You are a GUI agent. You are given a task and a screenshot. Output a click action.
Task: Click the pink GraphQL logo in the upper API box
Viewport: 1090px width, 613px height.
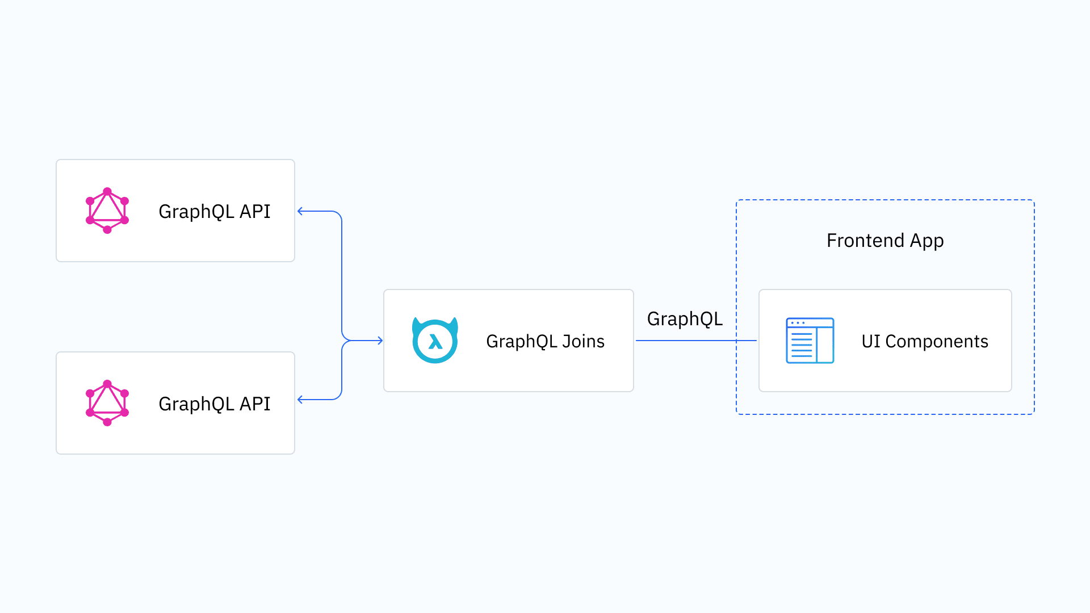[107, 211]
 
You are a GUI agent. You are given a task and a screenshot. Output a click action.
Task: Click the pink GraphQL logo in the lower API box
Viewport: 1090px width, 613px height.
[107, 403]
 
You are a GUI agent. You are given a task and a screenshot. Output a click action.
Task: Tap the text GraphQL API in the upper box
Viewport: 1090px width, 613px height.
[214, 211]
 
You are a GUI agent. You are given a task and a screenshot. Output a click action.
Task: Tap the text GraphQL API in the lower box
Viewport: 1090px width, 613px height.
[214, 404]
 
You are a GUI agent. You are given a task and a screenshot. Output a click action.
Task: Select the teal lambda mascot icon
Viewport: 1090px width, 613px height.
[435, 340]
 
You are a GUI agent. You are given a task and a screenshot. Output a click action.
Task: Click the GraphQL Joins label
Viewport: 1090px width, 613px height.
[545, 341]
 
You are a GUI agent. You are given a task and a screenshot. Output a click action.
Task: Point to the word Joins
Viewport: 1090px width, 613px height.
[583, 341]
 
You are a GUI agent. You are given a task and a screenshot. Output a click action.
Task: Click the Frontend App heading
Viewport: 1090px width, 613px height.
[884, 241]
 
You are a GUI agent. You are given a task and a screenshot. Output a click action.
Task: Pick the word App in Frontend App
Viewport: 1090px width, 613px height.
[927, 241]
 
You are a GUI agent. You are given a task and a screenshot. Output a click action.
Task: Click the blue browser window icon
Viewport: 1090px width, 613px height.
[810, 341]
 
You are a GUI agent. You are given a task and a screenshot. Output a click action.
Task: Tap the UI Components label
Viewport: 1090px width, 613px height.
[924, 341]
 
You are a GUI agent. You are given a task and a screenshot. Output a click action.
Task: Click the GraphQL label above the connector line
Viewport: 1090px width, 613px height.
[685, 319]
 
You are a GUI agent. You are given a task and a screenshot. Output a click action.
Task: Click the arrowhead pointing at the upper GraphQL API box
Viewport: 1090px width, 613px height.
[300, 211]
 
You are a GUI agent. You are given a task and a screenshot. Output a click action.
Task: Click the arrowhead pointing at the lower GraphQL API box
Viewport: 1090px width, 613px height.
[300, 400]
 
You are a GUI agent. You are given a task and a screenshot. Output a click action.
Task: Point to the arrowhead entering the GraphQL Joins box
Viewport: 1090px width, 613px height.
[380, 341]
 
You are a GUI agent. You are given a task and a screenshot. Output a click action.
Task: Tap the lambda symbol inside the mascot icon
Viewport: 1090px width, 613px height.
[435, 342]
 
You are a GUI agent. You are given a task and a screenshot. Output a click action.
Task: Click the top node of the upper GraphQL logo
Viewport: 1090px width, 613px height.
[107, 191]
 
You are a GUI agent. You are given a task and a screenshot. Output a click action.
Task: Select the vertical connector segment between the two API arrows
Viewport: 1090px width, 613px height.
[342, 272]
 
